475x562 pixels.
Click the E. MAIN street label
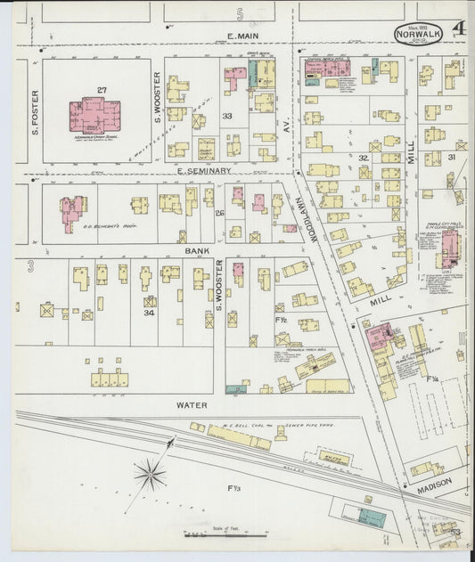(242, 37)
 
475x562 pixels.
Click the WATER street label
(192, 405)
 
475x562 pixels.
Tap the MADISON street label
(432, 484)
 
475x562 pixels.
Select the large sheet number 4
(458, 29)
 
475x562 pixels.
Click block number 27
(102, 90)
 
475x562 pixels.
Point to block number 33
(226, 116)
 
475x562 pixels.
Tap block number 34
(150, 302)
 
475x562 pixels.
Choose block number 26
(218, 213)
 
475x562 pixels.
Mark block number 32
(363, 158)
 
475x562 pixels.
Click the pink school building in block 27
(94, 116)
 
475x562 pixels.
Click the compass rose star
(150, 474)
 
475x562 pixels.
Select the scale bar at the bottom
(226, 535)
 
